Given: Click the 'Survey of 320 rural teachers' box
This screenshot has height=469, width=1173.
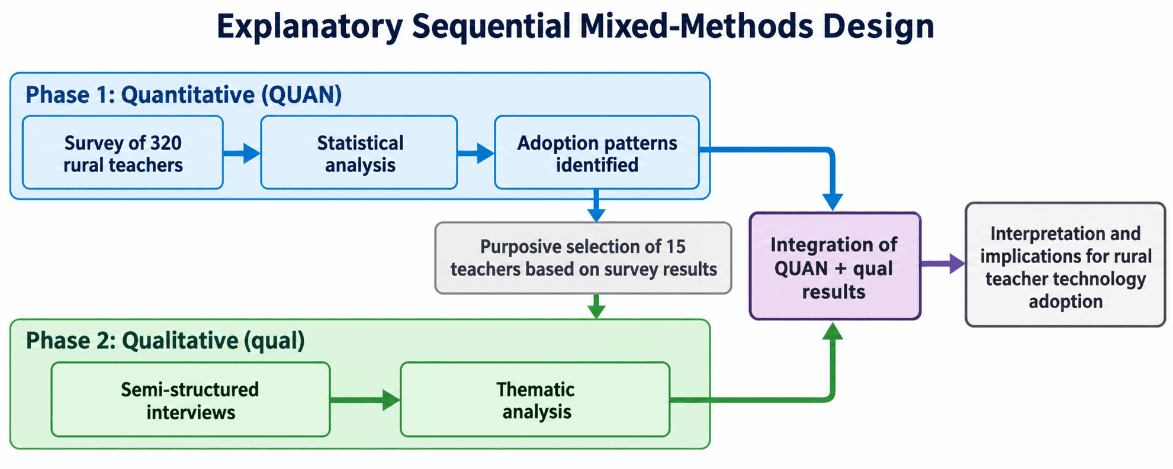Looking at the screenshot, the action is tap(123, 153).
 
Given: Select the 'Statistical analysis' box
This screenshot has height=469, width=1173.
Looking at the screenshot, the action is tap(359, 153).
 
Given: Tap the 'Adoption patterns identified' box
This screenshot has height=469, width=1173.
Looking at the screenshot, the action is tap(597, 153).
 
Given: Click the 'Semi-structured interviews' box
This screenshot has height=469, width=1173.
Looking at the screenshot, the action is tap(191, 400).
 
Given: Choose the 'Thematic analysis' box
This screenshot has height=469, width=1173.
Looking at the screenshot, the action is tap(535, 400).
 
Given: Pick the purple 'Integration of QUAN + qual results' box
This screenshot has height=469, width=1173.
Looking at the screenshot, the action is tap(835, 267).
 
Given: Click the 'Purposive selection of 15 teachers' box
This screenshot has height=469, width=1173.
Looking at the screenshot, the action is tap(583, 258).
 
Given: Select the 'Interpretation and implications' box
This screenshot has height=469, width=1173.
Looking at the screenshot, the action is tap(1065, 264).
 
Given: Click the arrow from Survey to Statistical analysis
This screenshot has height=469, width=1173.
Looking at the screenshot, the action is tap(242, 153).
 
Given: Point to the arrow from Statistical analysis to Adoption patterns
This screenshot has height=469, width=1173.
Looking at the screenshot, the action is tap(476, 153).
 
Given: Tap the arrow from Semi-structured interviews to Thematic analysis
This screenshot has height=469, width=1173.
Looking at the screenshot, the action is tap(365, 400).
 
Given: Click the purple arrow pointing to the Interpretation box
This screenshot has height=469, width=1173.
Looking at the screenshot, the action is tap(943, 263).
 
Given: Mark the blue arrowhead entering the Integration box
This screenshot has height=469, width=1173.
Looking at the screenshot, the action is tap(833, 202).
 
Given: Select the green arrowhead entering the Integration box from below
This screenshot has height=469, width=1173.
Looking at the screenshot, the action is tap(833, 331).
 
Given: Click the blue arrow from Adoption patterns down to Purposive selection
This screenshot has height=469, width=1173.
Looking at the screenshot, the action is tap(596, 206).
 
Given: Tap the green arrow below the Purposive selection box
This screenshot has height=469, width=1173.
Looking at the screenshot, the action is tap(596, 306).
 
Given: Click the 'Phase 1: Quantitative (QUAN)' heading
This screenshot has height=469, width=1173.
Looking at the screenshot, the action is tap(184, 95).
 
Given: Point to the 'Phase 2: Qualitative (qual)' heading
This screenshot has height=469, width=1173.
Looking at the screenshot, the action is tap(165, 341).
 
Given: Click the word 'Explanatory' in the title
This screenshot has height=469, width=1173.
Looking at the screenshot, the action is tap(310, 27).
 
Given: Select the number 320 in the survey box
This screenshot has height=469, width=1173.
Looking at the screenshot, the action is tap(166, 143).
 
